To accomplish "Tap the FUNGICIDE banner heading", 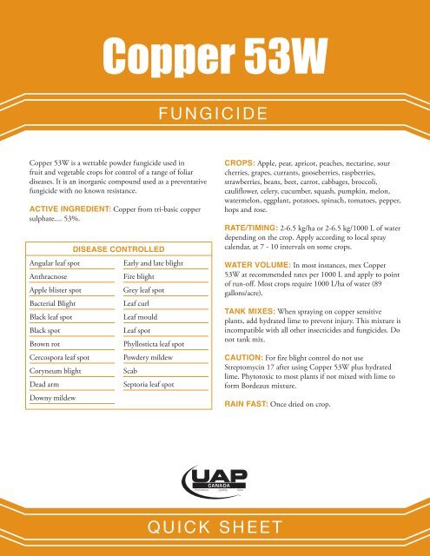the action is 215,113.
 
